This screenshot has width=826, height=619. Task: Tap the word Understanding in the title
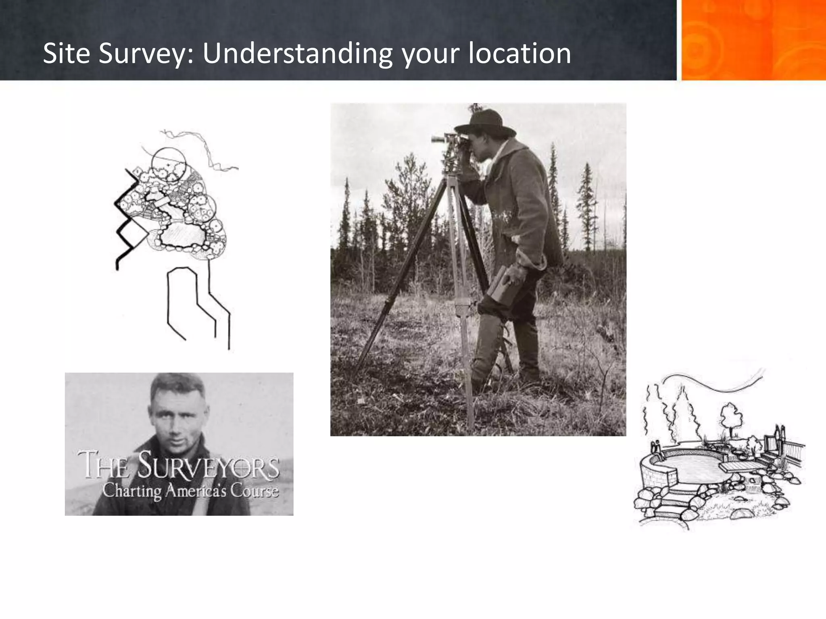[297, 54]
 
